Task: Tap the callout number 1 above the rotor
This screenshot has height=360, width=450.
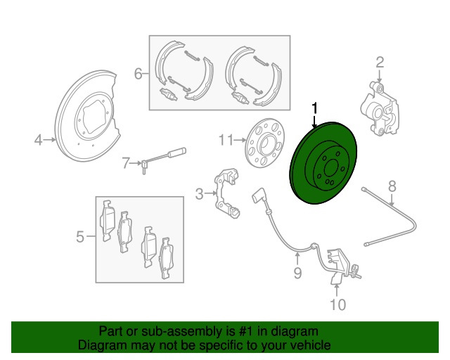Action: coord(314,108)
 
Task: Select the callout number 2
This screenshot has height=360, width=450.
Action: coord(380,63)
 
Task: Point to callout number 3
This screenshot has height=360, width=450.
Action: coord(199,193)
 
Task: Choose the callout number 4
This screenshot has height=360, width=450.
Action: coord(39,141)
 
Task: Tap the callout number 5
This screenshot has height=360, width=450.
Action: coord(80,237)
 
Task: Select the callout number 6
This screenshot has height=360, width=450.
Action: coord(139,72)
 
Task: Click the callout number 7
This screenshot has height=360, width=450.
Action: coord(126,164)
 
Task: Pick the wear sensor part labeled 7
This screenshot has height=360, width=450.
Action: coord(163,157)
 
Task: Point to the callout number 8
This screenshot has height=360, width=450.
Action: coord(392,186)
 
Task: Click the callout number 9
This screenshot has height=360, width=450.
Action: coord(297,272)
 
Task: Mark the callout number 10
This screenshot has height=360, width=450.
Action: coord(338,304)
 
